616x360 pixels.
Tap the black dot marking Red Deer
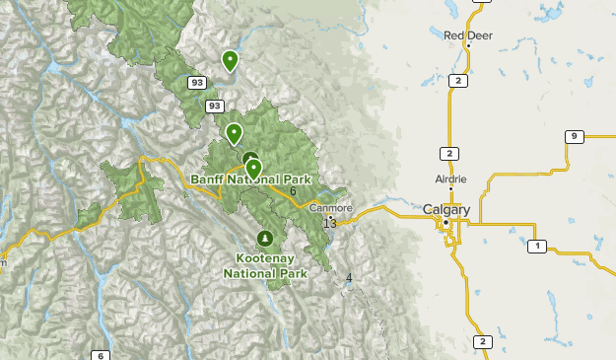(468, 46)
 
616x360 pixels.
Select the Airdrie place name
(450, 180)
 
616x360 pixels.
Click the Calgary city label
(446, 210)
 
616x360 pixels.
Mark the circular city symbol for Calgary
(445, 223)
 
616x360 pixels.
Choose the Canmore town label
(330, 208)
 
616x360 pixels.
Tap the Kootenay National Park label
(264, 264)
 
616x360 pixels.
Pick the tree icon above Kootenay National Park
(264, 239)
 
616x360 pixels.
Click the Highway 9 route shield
(574, 136)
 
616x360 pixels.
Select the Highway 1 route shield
(536, 246)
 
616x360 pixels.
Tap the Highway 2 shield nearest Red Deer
(456, 81)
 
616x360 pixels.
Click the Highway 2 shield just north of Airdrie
(449, 153)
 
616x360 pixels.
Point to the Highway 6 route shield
(101, 355)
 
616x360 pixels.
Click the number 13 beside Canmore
(329, 224)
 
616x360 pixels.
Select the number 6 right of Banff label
(293, 190)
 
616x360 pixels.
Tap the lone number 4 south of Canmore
(349, 278)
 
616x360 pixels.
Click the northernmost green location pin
(230, 61)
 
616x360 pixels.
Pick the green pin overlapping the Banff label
(253, 170)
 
